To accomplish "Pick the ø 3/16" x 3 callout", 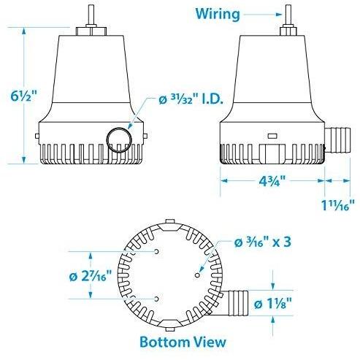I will pos(261,242).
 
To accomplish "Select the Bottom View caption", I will pos(181,341).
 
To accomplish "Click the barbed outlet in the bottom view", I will pos(240,302).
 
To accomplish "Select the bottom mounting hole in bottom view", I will pos(157,299).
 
